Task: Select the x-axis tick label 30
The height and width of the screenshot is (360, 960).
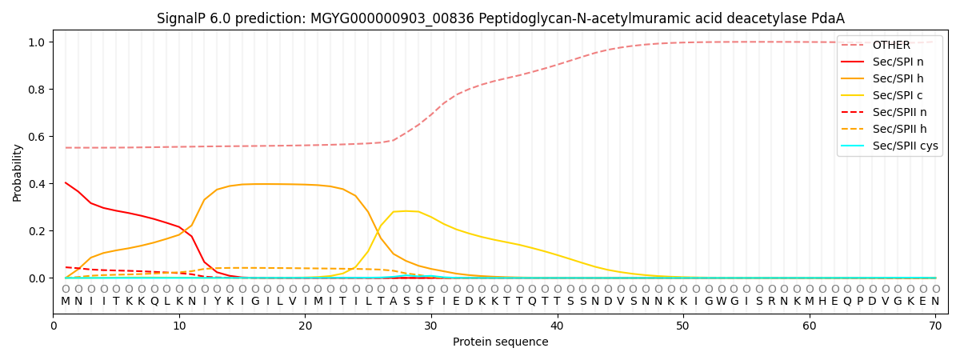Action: click(x=431, y=326)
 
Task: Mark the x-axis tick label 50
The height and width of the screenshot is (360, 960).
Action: click(x=682, y=326)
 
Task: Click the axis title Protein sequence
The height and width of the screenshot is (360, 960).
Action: click(x=500, y=342)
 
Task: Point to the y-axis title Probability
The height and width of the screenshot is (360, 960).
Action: click(x=18, y=172)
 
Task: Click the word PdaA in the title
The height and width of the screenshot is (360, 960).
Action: click(x=829, y=18)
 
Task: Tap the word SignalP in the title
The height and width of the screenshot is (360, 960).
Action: click(x=181, y=18)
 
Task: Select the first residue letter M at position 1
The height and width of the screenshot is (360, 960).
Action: click(x=66, y=302)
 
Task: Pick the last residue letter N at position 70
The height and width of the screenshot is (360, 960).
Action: click(x=934, y=302)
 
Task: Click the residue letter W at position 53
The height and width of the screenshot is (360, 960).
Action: click(x=721, y=302)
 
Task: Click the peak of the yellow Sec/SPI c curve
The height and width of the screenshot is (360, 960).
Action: click(x=406, y=211)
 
